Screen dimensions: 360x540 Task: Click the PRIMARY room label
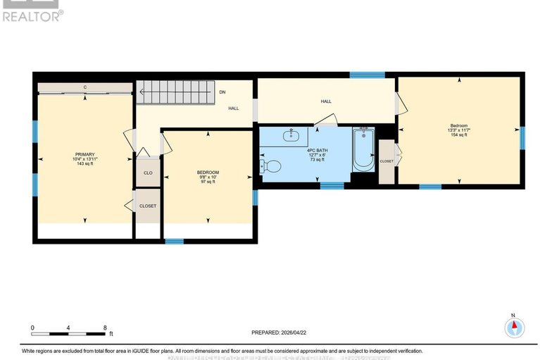point(84,154)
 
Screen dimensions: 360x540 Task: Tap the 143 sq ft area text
point(84,165)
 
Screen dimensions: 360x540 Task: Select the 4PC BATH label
point(315,150)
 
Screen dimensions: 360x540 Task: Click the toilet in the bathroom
point(270,166)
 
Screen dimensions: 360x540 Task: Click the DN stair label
point(222,92)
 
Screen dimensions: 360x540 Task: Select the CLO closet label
point(148,173)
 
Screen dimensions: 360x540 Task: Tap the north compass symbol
point(515,327)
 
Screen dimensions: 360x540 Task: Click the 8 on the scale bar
point(105,328)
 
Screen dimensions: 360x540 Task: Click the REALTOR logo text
point(32,15)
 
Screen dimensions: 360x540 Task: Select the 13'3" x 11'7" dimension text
point(459,130)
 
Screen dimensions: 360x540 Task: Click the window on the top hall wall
point(367,74)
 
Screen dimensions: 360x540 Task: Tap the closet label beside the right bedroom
point(387,161)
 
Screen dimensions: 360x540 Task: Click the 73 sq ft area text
point(315,160)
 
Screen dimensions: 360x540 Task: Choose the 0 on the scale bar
point(32,328)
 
